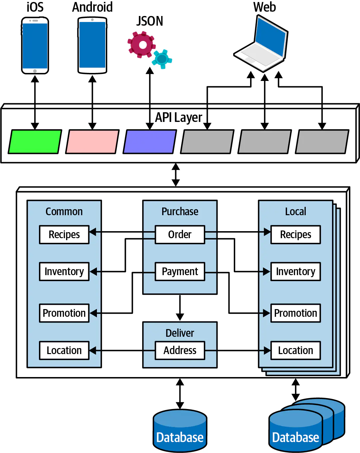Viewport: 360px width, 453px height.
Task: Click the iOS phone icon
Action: [x=35, y=45]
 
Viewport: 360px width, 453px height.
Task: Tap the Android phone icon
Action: [x=92, y=45]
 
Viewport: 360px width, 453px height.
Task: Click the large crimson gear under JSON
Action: [x=142, y=45]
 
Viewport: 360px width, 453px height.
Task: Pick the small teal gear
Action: [x=162, y=59]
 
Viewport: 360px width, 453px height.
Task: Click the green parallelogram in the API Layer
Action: [x=35, y=142]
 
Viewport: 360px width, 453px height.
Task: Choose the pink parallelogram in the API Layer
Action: [x=92, y=142]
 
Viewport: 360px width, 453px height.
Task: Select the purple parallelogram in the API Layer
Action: [x=150, y=142]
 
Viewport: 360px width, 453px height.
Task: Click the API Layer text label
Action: [x=179, y=117]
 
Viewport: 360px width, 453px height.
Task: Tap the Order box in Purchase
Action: [x=180, y=234]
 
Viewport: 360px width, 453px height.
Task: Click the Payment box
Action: [x=180, y=271]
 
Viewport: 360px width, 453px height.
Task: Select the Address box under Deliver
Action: [x=180, y=350]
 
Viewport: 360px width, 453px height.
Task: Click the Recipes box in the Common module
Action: [x=64, y=234]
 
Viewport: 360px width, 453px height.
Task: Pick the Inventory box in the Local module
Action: [x=295, y=271]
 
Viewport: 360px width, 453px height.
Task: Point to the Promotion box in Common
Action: [x=64, y=313]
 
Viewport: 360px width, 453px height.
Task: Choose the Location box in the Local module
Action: [x=295, y=350]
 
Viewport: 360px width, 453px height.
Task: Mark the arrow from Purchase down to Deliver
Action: [x=180, y=308]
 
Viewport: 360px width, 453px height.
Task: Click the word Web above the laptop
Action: [x=264, y=7]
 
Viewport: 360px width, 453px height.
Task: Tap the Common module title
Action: [x=64, y=212]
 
